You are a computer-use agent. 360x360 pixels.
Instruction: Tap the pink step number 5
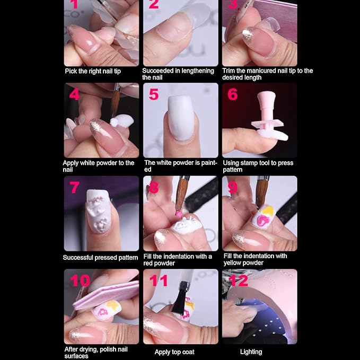click(x=154, y=95)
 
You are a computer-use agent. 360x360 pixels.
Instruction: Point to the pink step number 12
click(x=238, y=280)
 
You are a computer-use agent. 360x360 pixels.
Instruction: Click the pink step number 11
click(x=158, y=280)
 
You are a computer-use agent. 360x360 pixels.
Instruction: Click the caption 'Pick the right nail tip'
click(x=93, y=71)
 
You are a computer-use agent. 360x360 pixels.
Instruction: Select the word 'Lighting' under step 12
click(x=251, y=352)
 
